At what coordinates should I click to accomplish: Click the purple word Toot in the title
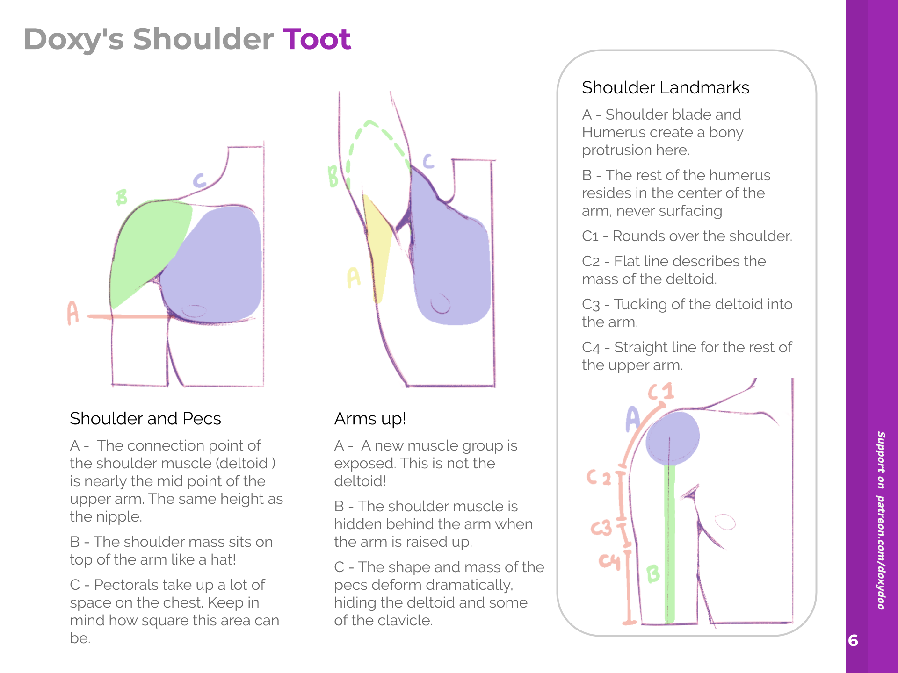point(317,39)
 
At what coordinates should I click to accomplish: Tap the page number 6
point(853,640)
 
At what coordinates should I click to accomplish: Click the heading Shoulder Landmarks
point(665,88)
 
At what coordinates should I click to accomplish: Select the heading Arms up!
point(370,419)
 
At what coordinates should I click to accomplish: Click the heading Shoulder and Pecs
point(145,419)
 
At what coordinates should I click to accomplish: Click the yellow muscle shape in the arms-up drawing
point(378,248)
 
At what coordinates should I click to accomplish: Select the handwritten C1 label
point(661,392)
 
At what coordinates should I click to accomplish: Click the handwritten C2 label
point(599,478)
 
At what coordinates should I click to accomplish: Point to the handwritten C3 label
point(601,528)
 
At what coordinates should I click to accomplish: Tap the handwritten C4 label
point(609,561)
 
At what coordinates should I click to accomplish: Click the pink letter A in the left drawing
point(73,313)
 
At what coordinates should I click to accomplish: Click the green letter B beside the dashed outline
point(333,177)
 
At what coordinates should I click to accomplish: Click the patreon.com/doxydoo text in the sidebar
point(881,551)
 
